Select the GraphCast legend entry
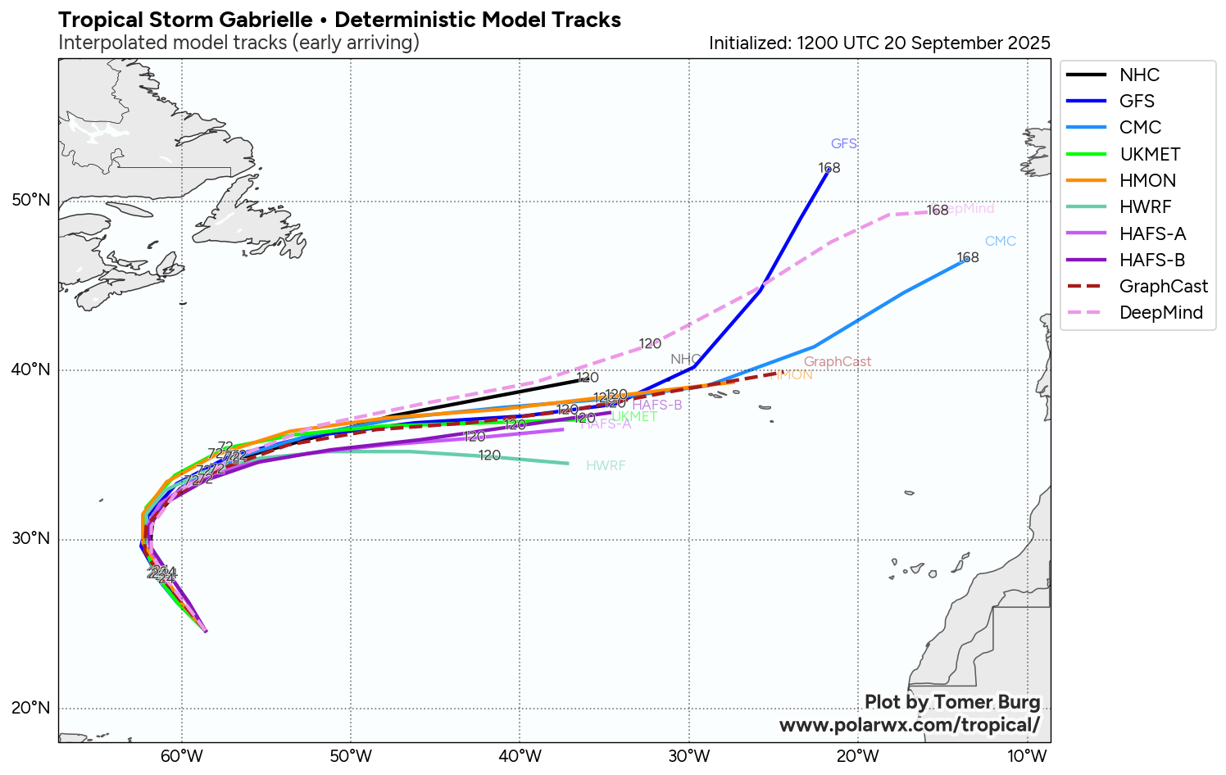(1163, 287)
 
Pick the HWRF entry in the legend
(1145, 207)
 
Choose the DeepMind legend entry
(1160, 313)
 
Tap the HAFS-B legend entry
(1151, 261)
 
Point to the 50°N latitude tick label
(31, 201)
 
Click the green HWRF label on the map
(606, 466)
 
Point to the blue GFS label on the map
(843, 144)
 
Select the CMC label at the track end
(1000, 242)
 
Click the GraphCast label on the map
(837, 362)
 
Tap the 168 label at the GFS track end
(829, 169)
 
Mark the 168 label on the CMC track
(967, 258)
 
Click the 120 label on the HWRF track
(489, 455)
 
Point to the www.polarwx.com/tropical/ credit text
(909, 725)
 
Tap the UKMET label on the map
(634, 417)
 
